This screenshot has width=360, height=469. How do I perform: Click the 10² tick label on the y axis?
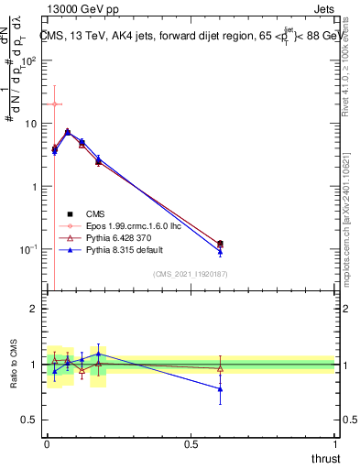point(29,60)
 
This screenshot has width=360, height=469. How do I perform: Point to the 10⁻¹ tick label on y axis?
point(29,249)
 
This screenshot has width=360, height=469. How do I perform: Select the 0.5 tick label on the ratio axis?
point(29,420)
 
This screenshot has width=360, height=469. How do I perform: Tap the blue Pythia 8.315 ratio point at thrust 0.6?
point(220,389)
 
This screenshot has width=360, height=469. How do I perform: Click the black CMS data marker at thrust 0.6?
point(220,244)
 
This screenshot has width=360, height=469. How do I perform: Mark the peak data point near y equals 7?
point(67,132)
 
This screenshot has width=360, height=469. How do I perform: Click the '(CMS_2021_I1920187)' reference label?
point(190,273)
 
